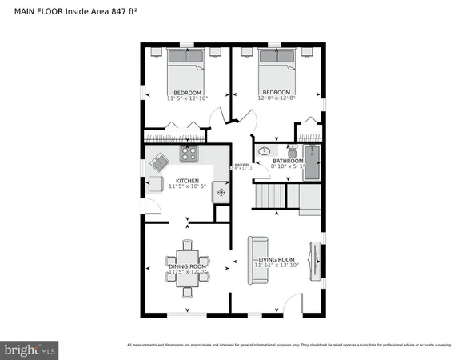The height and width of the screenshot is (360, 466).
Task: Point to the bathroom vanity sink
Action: coord(264,151)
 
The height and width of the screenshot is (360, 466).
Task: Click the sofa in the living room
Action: coord(257,259)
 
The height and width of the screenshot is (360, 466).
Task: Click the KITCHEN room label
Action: coord(187,181)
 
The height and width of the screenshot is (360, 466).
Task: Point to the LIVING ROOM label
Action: coord(277,260)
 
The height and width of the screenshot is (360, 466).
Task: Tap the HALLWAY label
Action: coord(241,166)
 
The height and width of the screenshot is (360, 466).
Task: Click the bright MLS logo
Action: coord(30,350)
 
